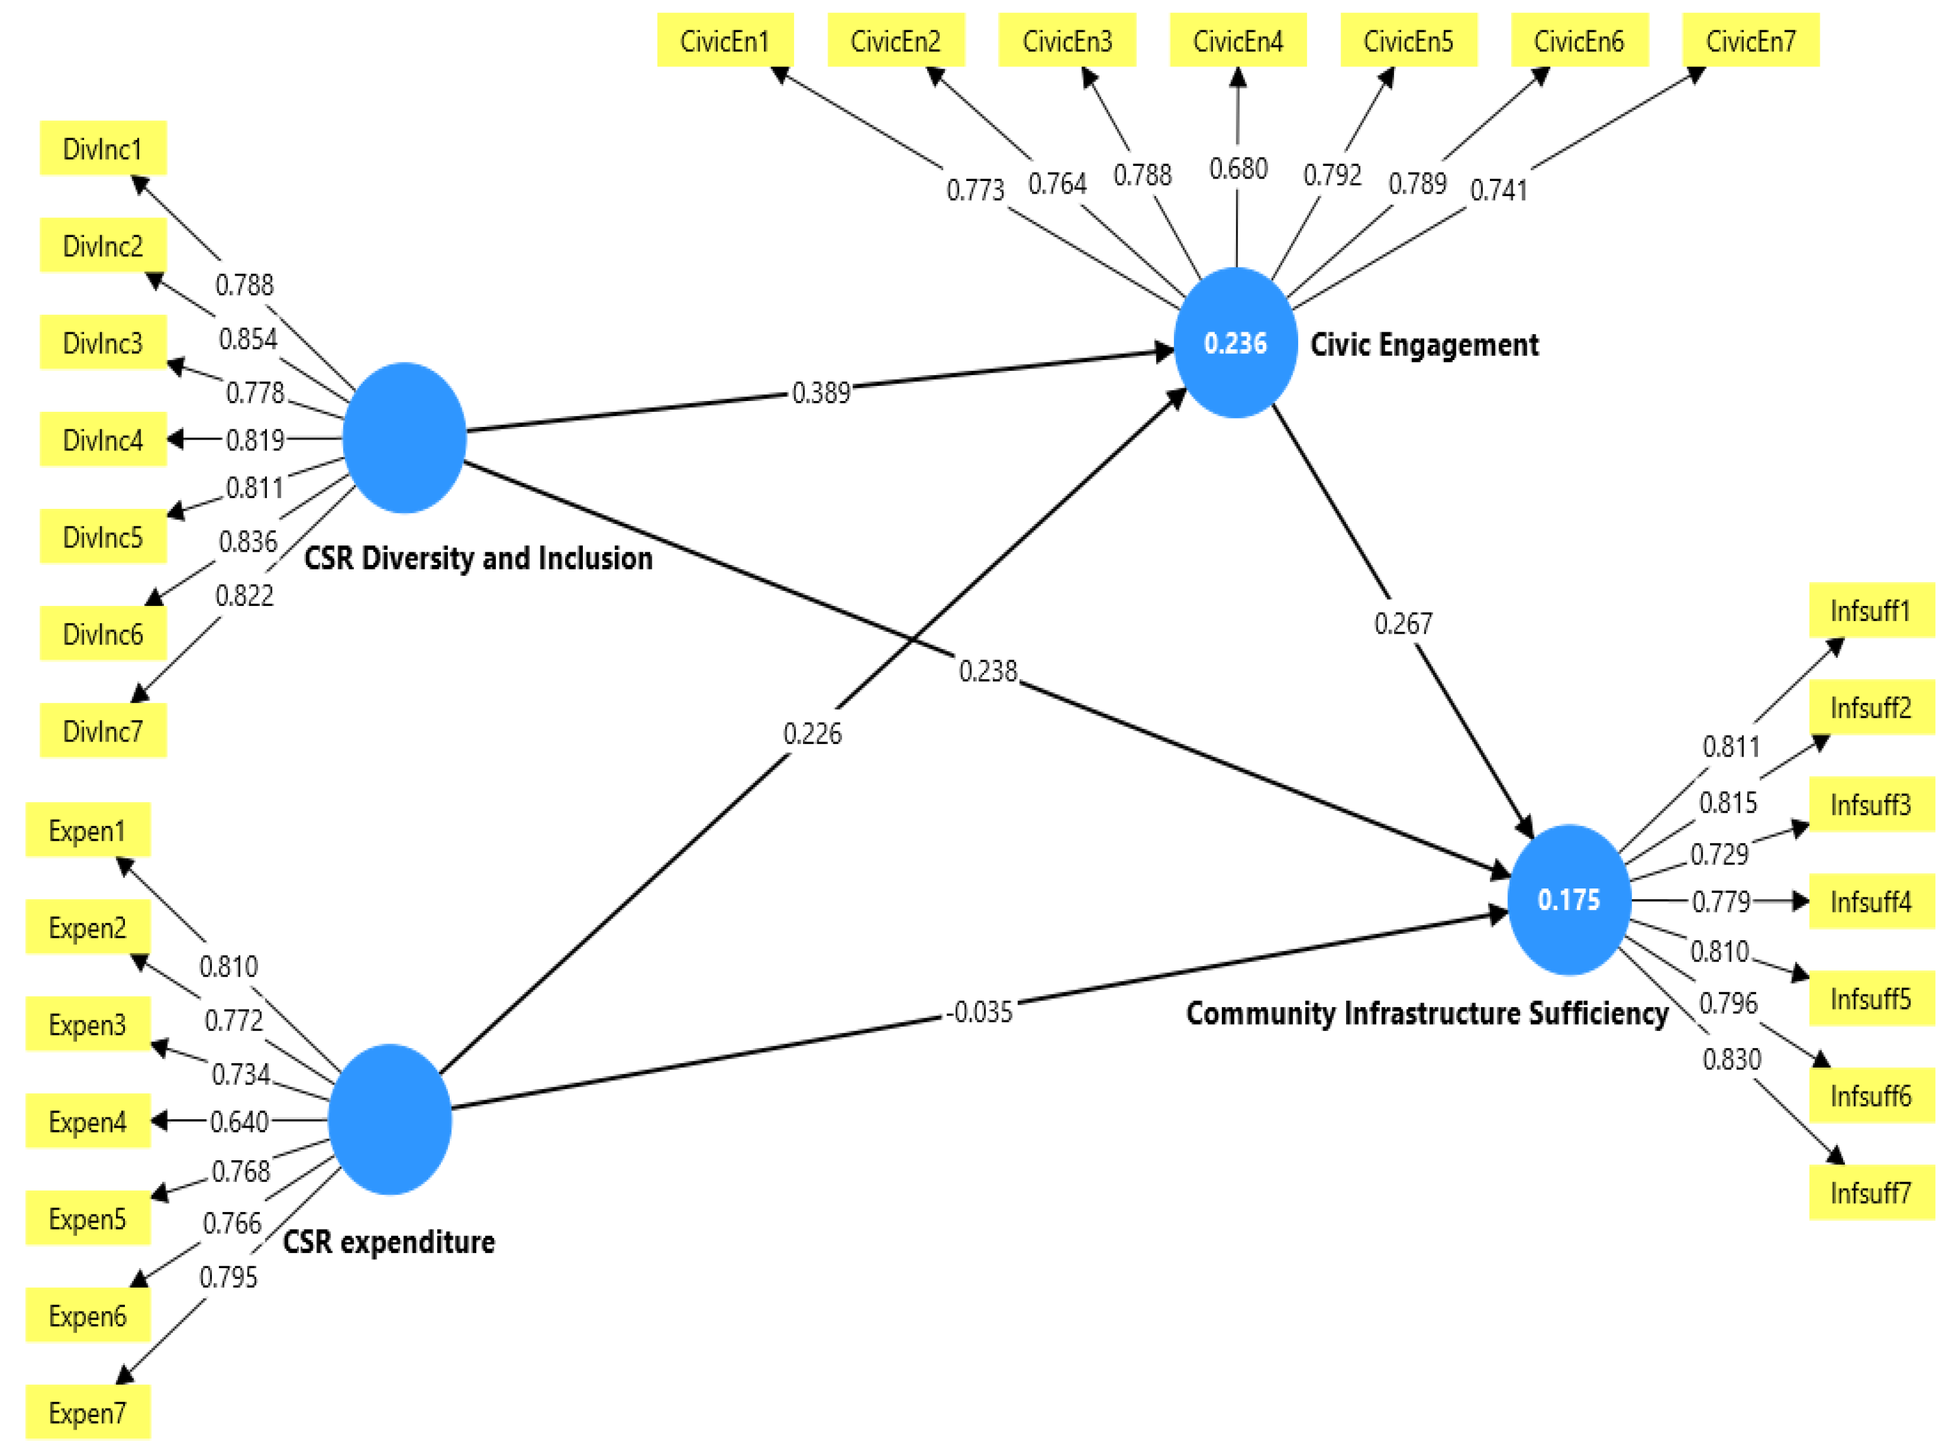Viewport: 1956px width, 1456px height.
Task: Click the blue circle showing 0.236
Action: [1235, 343]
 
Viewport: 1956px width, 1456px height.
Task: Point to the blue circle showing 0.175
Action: [1568, 899]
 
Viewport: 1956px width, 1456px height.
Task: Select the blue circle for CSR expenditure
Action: [390, 1119]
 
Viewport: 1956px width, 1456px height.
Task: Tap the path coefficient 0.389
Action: [820, 392]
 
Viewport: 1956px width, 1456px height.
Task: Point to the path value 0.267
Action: [1402, 623]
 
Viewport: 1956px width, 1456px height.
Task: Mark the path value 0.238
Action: [987, 671]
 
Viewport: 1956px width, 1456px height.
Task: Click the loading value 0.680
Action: [1238, 168]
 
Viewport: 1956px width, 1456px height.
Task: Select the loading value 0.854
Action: [248, 339]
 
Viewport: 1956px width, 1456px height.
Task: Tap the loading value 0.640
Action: [239, 1121]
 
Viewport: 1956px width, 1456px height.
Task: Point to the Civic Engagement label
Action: [1424, 345]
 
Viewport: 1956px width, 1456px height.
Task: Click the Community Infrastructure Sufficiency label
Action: [1426, 1013]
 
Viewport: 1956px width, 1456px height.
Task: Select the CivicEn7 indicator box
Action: [1750, 40]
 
